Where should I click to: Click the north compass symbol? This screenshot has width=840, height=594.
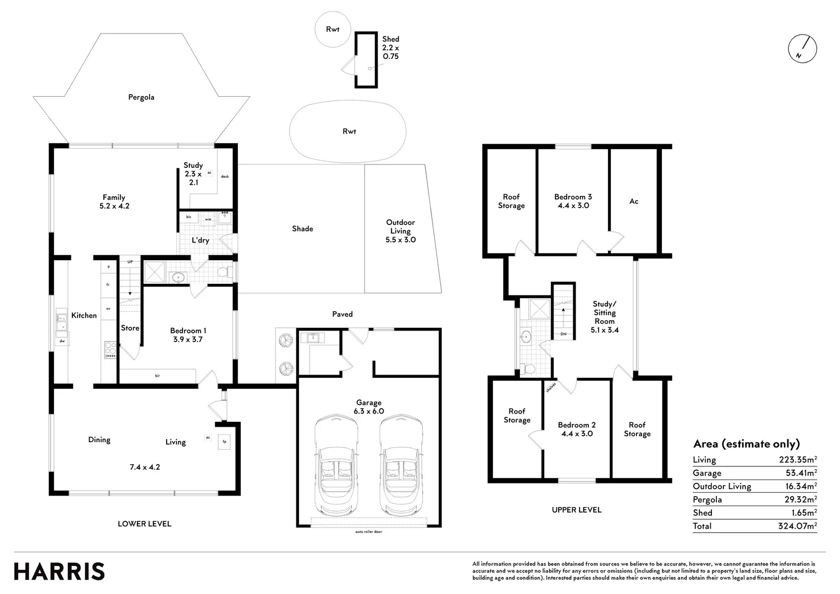[802, 48]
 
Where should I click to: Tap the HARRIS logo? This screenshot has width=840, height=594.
[59, 571]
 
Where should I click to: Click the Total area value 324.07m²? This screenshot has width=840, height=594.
[798, 526]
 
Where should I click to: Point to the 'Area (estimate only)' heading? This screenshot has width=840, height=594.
[746, 444]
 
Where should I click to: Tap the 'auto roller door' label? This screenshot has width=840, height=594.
[368, 532]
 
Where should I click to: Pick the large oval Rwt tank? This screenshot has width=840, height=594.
[348, 131]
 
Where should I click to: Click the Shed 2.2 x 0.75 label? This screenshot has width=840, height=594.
[390, 48]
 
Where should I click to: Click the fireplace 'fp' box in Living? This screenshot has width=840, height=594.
[224, 441]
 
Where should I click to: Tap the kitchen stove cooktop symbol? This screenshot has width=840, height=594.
[110, 350]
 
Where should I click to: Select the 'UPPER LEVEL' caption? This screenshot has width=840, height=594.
[576, 510]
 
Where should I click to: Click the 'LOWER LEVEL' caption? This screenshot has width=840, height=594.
[144, 524]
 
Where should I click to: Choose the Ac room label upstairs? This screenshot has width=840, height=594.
[634, 201]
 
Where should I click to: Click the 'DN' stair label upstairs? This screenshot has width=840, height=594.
[563, 334]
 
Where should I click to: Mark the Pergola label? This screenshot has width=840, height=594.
[141, 97]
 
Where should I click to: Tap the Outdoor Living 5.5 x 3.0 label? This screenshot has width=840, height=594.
[400, 231]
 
